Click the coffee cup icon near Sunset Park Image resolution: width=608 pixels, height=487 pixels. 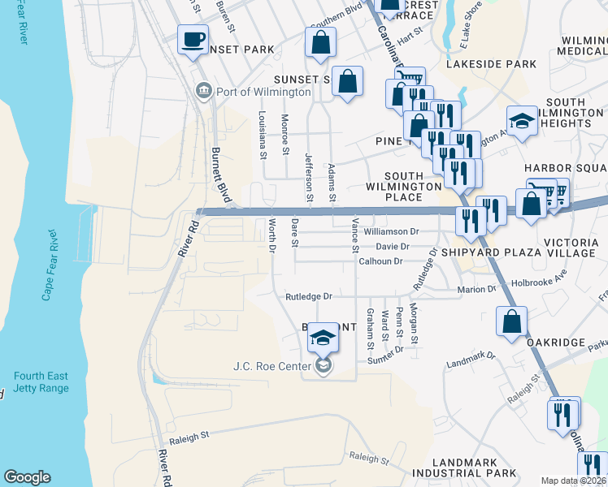[x=193, y=40]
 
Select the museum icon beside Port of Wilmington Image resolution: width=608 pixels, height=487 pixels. [x=203, y=91]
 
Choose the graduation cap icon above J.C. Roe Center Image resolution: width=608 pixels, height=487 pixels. [x=323, y=339]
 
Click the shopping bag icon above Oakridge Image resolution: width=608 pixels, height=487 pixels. [x=511, y=321]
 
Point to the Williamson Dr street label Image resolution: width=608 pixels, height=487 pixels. [x=390, y=231]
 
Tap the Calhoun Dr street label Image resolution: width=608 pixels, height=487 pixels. [x=380, y=261]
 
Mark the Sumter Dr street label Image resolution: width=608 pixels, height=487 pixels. [x=385, y=355]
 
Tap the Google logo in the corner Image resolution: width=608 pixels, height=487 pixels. [x=28, y=477]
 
